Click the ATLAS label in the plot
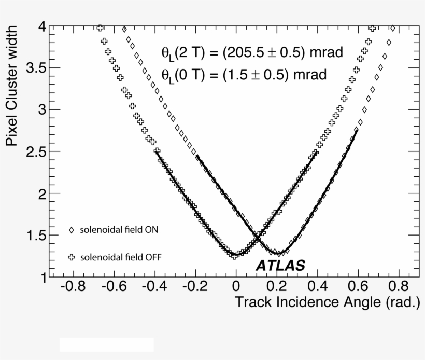click(280, 266)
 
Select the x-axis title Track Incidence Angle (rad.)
click(327, 302)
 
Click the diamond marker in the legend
click(72, 230)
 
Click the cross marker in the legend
click(72, 257)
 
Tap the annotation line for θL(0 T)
click(244, 74)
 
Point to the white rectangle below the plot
click(107, 344)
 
